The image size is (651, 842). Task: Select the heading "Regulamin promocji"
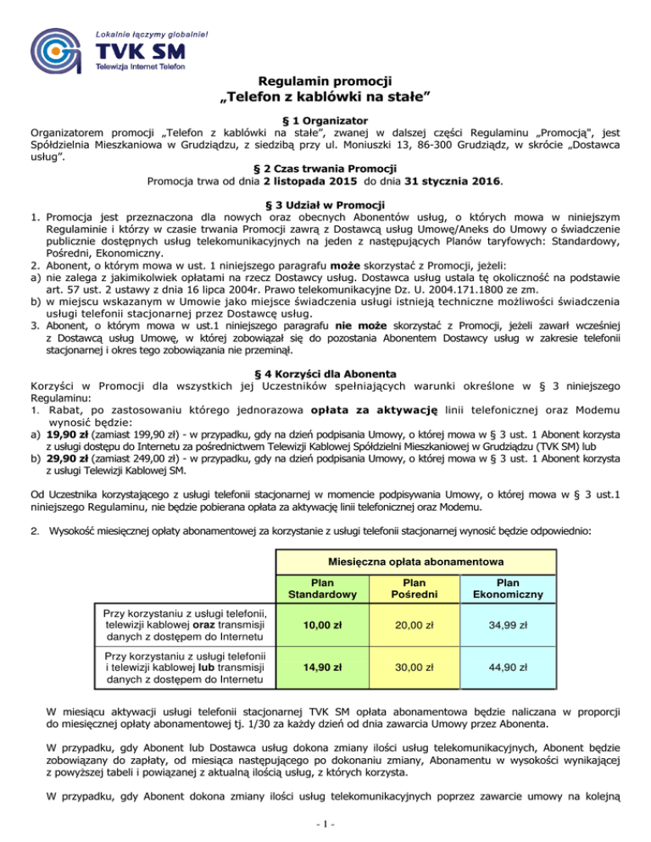[x=325, y=81]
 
